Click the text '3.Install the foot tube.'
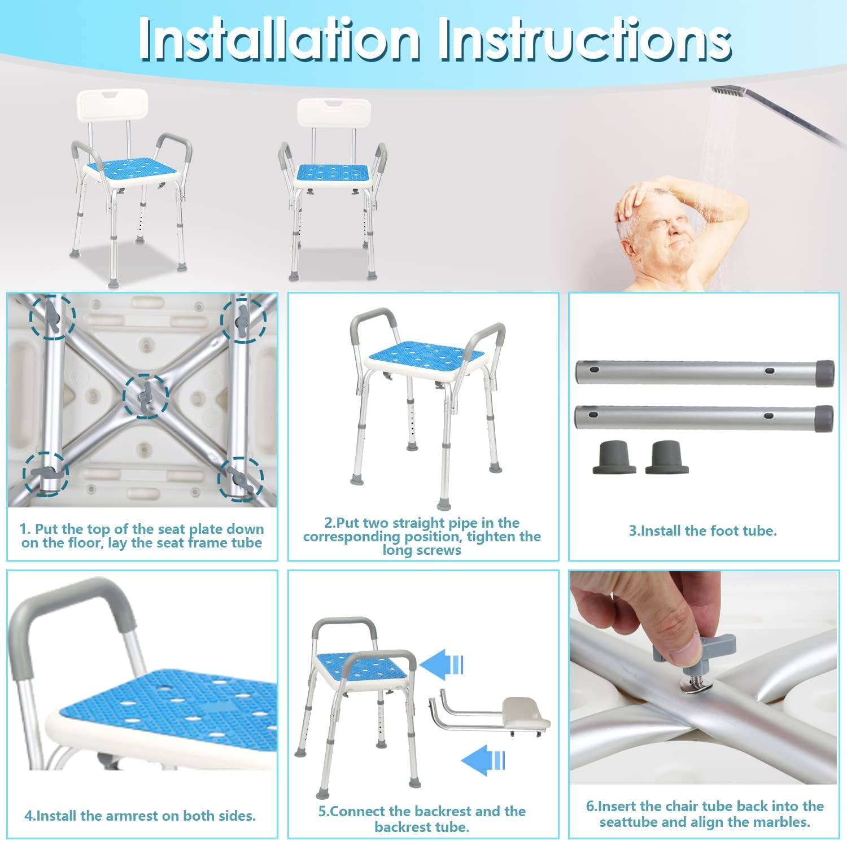(x=703, y=531)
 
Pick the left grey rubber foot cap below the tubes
(x=614, y=457)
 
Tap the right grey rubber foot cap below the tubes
(x=667, y=457)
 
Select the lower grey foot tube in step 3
(x=705, y=418)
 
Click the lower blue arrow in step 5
(x=483, y=760)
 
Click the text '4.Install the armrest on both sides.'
(x=140, y=816)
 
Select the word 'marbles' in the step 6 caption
(x=783, y=822)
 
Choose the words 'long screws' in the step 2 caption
(x=422, y=550)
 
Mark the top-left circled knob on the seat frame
(x=52, y=317)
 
